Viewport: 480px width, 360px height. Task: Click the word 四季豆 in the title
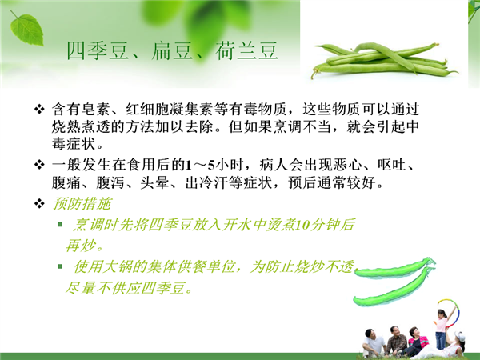click(98, 51)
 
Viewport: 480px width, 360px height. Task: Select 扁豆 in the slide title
click(172, 51)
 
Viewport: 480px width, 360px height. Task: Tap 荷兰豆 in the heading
click(246, 51)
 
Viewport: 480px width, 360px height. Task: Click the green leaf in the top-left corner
click(27, 28)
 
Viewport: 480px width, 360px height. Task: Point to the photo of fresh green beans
click(385, 61)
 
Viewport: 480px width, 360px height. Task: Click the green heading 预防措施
click(82, 204)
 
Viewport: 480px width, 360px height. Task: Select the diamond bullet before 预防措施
click(39, 203)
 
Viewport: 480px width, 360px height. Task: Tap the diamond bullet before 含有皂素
click(39, 109)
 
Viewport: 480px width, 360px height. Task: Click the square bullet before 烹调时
click(60, 225)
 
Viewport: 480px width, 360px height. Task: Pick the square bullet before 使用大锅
click(60, 266)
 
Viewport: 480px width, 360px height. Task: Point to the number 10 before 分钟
click(302, 225)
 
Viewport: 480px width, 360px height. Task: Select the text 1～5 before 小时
click(201, 166)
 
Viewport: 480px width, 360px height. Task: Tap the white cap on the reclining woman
click(459, 336)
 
